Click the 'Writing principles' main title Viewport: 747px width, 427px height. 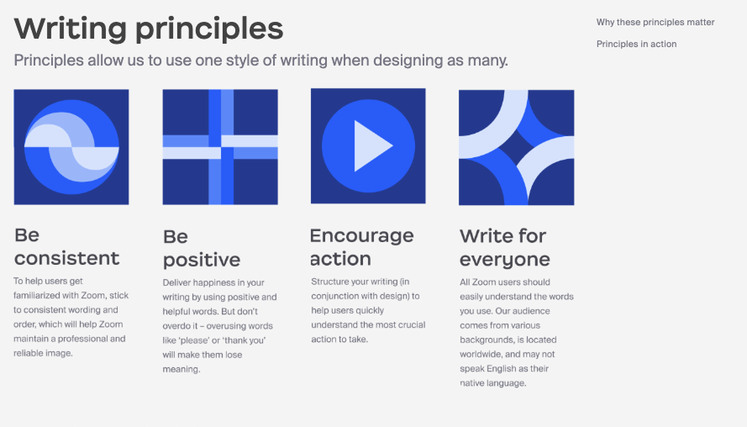coord(149,29)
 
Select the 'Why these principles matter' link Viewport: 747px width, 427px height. coord(655,23)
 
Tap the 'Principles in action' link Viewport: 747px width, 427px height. coord(636,44)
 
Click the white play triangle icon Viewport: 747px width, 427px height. coord(371,145)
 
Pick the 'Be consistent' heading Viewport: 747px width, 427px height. coord(66,246)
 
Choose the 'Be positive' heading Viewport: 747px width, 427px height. coord(201,248)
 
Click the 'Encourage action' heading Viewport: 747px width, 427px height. coord(361,246)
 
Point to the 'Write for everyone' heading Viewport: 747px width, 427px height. coord(504,247)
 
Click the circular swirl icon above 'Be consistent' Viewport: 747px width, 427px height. coord(71,147)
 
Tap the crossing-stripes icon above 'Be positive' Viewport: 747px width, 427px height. coord(220,147)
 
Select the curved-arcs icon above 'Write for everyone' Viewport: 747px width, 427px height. coord(516,147)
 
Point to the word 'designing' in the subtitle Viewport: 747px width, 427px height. coord(412,61)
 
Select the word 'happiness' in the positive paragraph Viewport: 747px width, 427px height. coord(221,282)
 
